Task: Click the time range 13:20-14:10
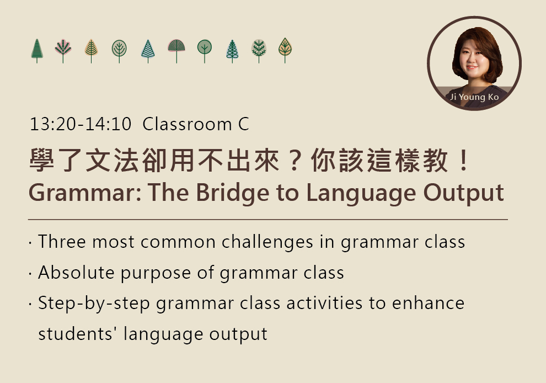[x=81, y=124]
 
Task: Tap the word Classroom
[x=188, y=124]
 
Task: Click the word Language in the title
[x=361, y=193]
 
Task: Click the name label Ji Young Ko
[x=474, y=97]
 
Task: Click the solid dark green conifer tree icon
[x=37, y=51]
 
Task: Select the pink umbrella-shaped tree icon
[x=176, y=51]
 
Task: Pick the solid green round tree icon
[x=205, y=51]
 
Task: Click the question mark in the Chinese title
[x=295, y=160]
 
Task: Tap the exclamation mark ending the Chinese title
[x=464, y=160]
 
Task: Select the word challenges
[x=267, y=242]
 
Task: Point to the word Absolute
[x=76, y=272]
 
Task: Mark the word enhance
[x=429, y=303]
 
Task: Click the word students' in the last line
[x=78, y=333]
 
